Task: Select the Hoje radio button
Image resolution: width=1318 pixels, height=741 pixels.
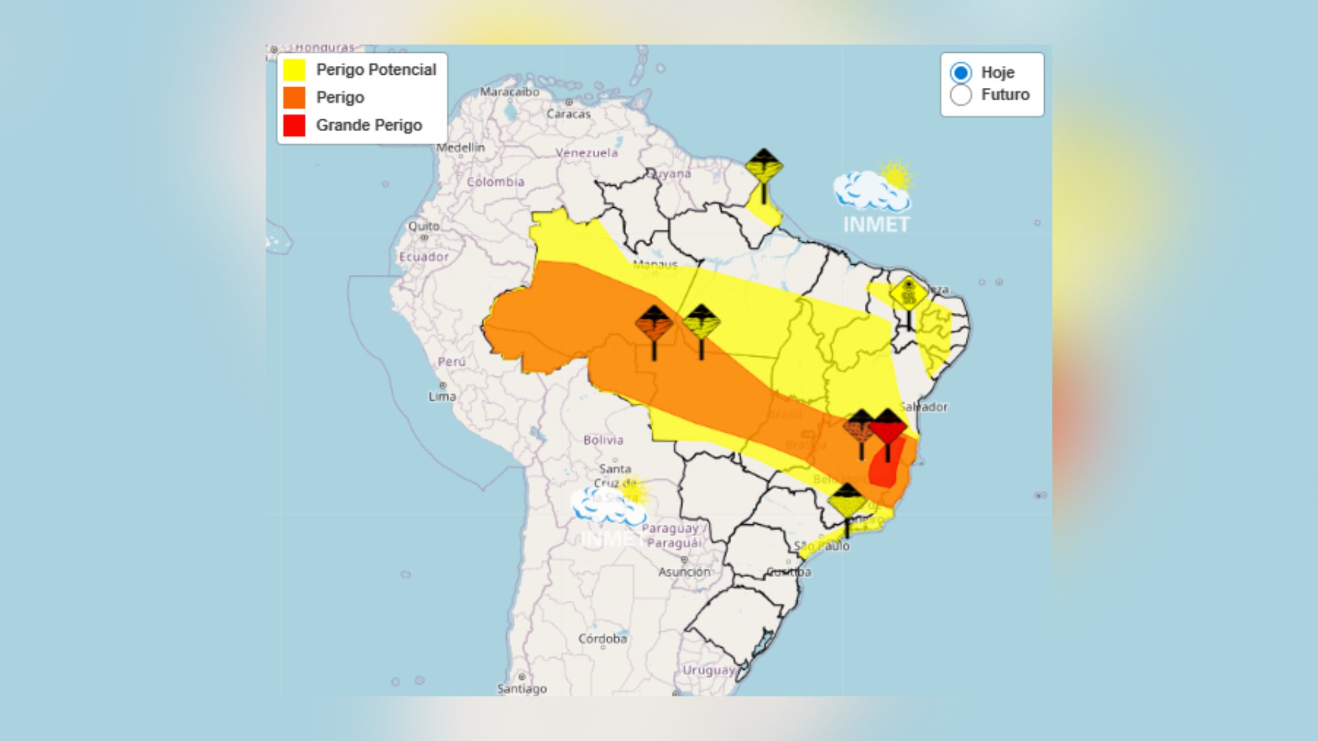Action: point(960,73)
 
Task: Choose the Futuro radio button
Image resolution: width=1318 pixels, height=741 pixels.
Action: point(960,95)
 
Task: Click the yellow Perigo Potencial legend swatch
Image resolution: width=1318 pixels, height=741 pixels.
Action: point(294,70)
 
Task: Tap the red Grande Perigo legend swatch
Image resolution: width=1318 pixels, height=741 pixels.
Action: point(294,126)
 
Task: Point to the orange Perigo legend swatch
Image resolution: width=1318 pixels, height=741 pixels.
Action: point(294,97)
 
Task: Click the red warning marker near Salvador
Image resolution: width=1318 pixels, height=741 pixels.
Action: point(888,428)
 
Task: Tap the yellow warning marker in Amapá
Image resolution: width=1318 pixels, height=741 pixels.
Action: point(763,167)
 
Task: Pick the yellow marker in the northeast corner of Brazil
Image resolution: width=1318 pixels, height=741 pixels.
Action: point(908,295)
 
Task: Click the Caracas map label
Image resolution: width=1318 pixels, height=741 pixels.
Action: point(568,114)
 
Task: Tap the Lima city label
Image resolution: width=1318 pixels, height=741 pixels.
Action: point(442,396)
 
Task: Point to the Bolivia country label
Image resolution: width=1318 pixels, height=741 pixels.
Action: point(603,440)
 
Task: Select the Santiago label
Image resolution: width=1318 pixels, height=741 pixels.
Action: point(522,688)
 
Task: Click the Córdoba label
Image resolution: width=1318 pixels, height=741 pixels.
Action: point(602,639)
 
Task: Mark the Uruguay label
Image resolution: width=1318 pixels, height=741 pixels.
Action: point(708,670)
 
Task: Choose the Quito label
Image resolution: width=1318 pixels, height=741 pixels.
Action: point(424,226)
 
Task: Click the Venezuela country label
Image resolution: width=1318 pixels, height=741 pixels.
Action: point(586,153)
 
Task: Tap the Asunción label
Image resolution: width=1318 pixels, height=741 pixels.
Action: point(684,572)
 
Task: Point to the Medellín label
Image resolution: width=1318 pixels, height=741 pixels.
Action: point(461,148)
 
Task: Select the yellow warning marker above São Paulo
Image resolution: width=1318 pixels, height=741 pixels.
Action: point(846,502)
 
